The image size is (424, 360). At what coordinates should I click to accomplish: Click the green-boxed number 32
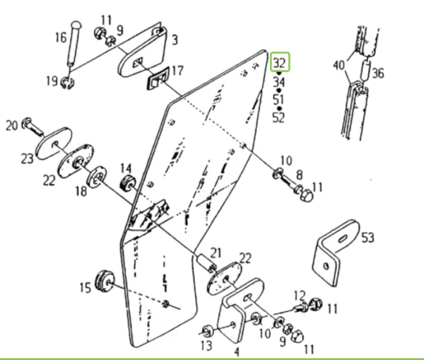click(x=280, y=62)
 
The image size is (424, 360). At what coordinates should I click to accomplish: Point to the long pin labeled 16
click(x=74, y=44)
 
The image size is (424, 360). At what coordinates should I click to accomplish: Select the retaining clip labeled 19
click(x=67, y=82)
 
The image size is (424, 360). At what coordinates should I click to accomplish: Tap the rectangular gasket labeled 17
click(x=158, y=78)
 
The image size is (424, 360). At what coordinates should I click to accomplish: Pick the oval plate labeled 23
click(x=54, y=143)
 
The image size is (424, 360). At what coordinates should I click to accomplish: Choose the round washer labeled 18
click(x=96, y=178)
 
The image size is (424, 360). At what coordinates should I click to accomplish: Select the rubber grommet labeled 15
click(x=105, y=281)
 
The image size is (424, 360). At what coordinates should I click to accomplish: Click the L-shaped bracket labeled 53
click(x=336, y=252)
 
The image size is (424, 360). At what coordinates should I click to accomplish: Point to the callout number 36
click(x=378, y=73)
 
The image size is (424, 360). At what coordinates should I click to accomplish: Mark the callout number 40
click(x=338, y=65)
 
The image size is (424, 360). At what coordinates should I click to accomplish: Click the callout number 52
click(x=279, y=118)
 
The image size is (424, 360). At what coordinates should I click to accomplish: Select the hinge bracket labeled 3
click(x=142, y=52)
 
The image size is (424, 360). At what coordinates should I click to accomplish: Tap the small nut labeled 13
click(x=207, y=330)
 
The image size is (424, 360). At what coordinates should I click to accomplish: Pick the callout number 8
click(x=300, y=175)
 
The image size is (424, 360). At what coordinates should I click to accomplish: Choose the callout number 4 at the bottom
click(x=237, y=352)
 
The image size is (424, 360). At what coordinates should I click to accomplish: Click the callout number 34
click(x=279, y=82)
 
